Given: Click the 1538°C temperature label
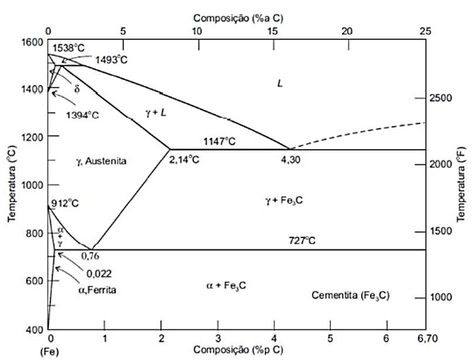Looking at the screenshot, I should pos(69,48).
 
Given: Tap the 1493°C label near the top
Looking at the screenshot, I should pos(111,59).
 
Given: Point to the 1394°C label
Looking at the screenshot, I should pos(82,115).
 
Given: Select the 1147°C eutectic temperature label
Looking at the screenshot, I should pos(220,141).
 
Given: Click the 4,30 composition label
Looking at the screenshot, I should pos(291,159).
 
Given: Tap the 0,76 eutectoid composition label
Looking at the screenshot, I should pos(90,256).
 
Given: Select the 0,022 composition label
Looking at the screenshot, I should pos(98,273).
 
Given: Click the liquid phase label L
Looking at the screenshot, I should pos(279,82).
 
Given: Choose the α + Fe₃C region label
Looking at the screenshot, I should pos(225,285).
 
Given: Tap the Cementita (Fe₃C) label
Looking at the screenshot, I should pos(351,295).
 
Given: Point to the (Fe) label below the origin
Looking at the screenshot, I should pos(50,351).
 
